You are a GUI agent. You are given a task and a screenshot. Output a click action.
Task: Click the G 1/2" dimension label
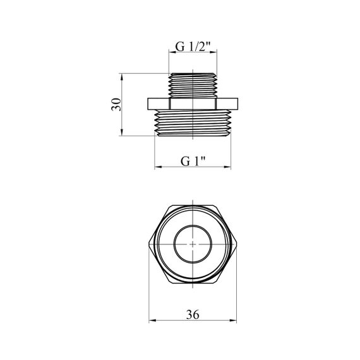point(193,47)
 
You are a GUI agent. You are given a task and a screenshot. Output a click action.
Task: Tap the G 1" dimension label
point(193,162)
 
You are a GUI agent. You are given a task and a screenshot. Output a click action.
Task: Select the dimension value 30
point(116,104)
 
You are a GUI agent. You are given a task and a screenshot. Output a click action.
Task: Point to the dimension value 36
point(193,315)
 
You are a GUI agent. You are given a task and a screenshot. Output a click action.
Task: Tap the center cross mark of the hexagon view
point(193,244)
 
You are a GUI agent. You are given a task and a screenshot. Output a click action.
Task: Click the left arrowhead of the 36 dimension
point(152,320)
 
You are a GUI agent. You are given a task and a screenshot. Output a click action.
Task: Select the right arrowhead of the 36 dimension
point(233,320)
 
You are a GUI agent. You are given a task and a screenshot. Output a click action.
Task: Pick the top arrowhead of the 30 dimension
point(121,77)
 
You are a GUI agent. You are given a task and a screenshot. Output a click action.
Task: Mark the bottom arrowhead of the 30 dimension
point(121,132)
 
